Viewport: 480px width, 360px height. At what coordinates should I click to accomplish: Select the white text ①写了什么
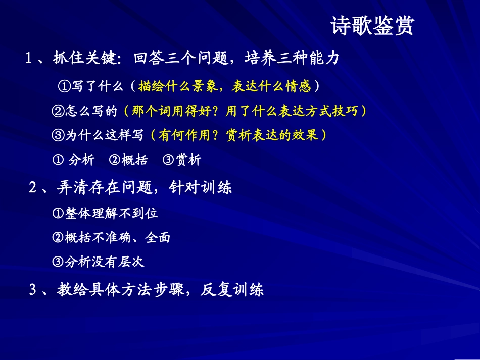91,86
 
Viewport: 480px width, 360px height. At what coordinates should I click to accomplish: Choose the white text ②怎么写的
84,111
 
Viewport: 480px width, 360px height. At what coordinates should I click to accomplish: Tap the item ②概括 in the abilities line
129,160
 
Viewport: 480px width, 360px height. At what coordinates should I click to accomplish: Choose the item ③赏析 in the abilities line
182,160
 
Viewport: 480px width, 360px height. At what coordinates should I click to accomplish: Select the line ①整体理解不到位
105,213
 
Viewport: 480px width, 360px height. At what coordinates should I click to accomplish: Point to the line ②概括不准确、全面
111,237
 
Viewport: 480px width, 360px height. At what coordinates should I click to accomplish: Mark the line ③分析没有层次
99,262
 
